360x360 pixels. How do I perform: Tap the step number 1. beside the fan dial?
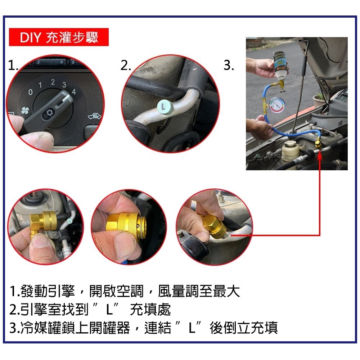click(x=13, y=66)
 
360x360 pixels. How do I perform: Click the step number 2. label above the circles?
click(x=126, y=66)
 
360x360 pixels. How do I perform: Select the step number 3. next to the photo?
click(x=229, y=66)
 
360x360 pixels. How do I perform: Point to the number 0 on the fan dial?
click(x=31, y=93)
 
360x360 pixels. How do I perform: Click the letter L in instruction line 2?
click(x=111, y=309)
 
